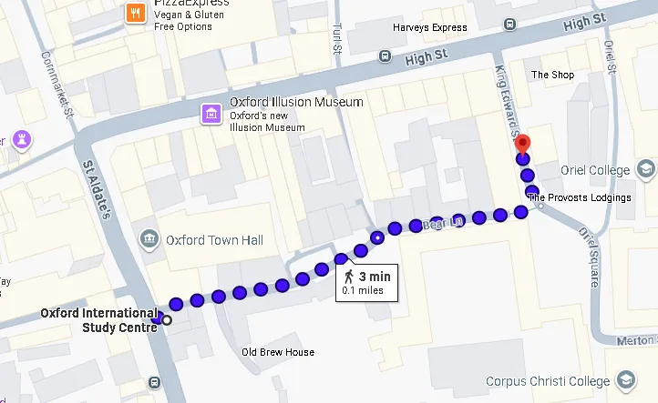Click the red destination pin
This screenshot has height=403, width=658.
point(522,145)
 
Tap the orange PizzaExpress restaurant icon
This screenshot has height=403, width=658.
point(135,12)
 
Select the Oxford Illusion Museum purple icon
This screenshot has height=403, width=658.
point(211,114)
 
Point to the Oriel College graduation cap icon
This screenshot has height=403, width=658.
point(646,170)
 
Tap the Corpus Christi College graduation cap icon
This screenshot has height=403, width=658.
point(627,380)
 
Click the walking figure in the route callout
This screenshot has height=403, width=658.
point(348,277)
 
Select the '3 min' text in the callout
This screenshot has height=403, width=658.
point(374,277)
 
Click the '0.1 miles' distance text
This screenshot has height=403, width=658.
point(363,291)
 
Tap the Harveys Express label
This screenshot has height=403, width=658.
point(429,28)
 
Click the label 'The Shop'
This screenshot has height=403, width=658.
point(552,76)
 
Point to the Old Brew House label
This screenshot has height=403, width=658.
point(278,352)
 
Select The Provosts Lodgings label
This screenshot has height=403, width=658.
point(579,197)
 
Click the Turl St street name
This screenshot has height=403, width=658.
point(337,37)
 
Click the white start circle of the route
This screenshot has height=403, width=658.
point(167,320)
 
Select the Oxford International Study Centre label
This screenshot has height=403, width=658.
point(98,320)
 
